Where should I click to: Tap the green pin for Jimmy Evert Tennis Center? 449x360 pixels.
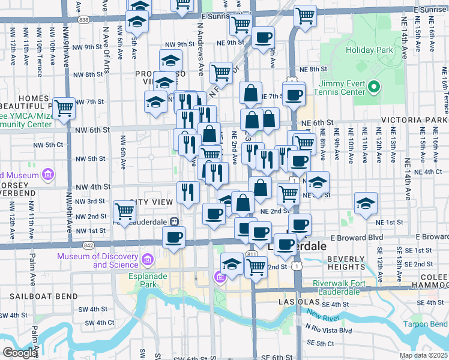(x=373, y=88)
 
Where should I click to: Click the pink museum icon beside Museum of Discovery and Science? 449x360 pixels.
(x=148, y=260)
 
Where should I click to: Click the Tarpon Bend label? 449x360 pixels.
(x=426, y=325)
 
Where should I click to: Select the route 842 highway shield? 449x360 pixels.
(x=89, y=245)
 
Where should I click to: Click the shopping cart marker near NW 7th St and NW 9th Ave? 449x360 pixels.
(x=64, y=108)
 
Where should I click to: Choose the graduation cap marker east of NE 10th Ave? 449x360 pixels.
(x=366, y=203)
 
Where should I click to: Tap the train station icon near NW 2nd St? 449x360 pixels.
(x=175, y=221)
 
